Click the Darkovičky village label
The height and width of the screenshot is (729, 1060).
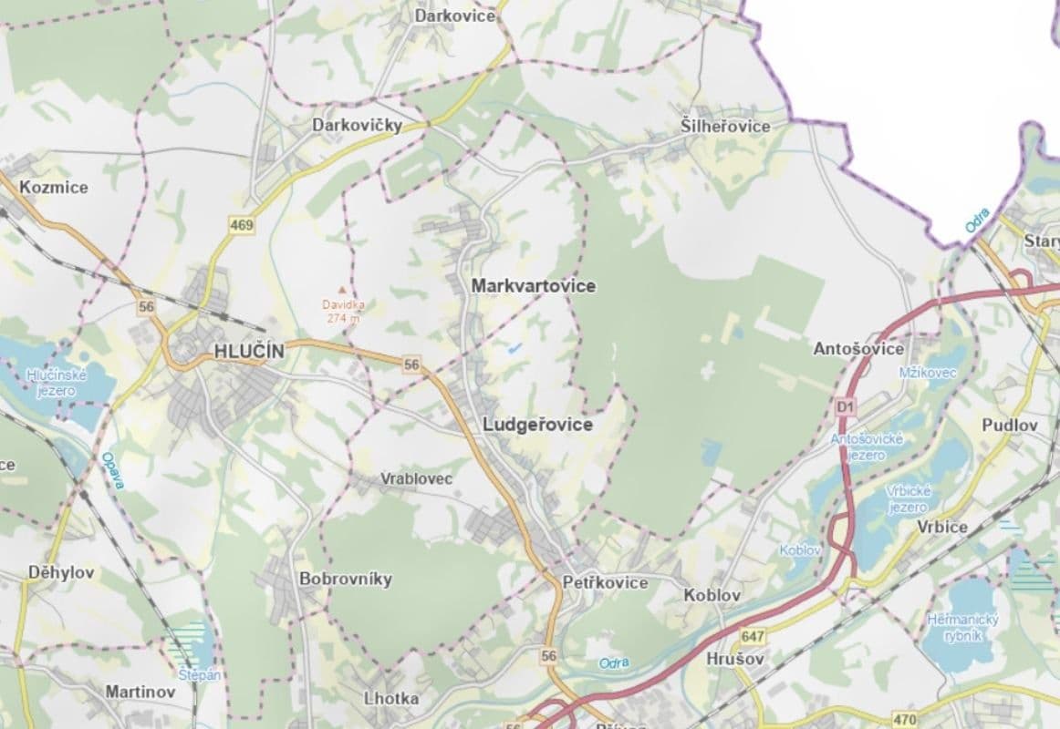click(x=357, y=126)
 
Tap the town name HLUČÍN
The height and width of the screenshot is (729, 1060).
click(x=249, y=351)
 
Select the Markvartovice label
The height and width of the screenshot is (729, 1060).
click(x=534, y=286)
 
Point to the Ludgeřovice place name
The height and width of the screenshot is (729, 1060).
click(x=537, y=425)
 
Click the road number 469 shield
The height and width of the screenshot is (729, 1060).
click(x=242, y=225)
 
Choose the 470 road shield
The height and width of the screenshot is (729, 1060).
click(x=906, y=720)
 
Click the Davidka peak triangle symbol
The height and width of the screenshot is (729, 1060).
click(x=343, y=288)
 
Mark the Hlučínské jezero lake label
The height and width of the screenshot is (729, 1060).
click(x=56, y=382)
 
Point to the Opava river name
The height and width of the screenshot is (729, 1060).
click(x=112, y=470)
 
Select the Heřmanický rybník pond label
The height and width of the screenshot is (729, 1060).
click(x=962, y=627)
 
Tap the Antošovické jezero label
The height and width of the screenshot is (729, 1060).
click(x=867, y=447)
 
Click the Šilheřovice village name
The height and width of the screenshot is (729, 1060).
click(x=725, y=127)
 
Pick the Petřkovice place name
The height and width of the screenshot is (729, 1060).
click(x=605, y=582)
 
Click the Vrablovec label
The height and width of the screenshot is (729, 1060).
click(x=416, y=478)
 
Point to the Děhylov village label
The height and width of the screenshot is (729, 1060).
click(x=60, y=573)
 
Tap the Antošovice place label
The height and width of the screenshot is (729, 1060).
click(x=858, y=349)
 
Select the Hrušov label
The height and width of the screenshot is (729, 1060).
click(x=734, y=658)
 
